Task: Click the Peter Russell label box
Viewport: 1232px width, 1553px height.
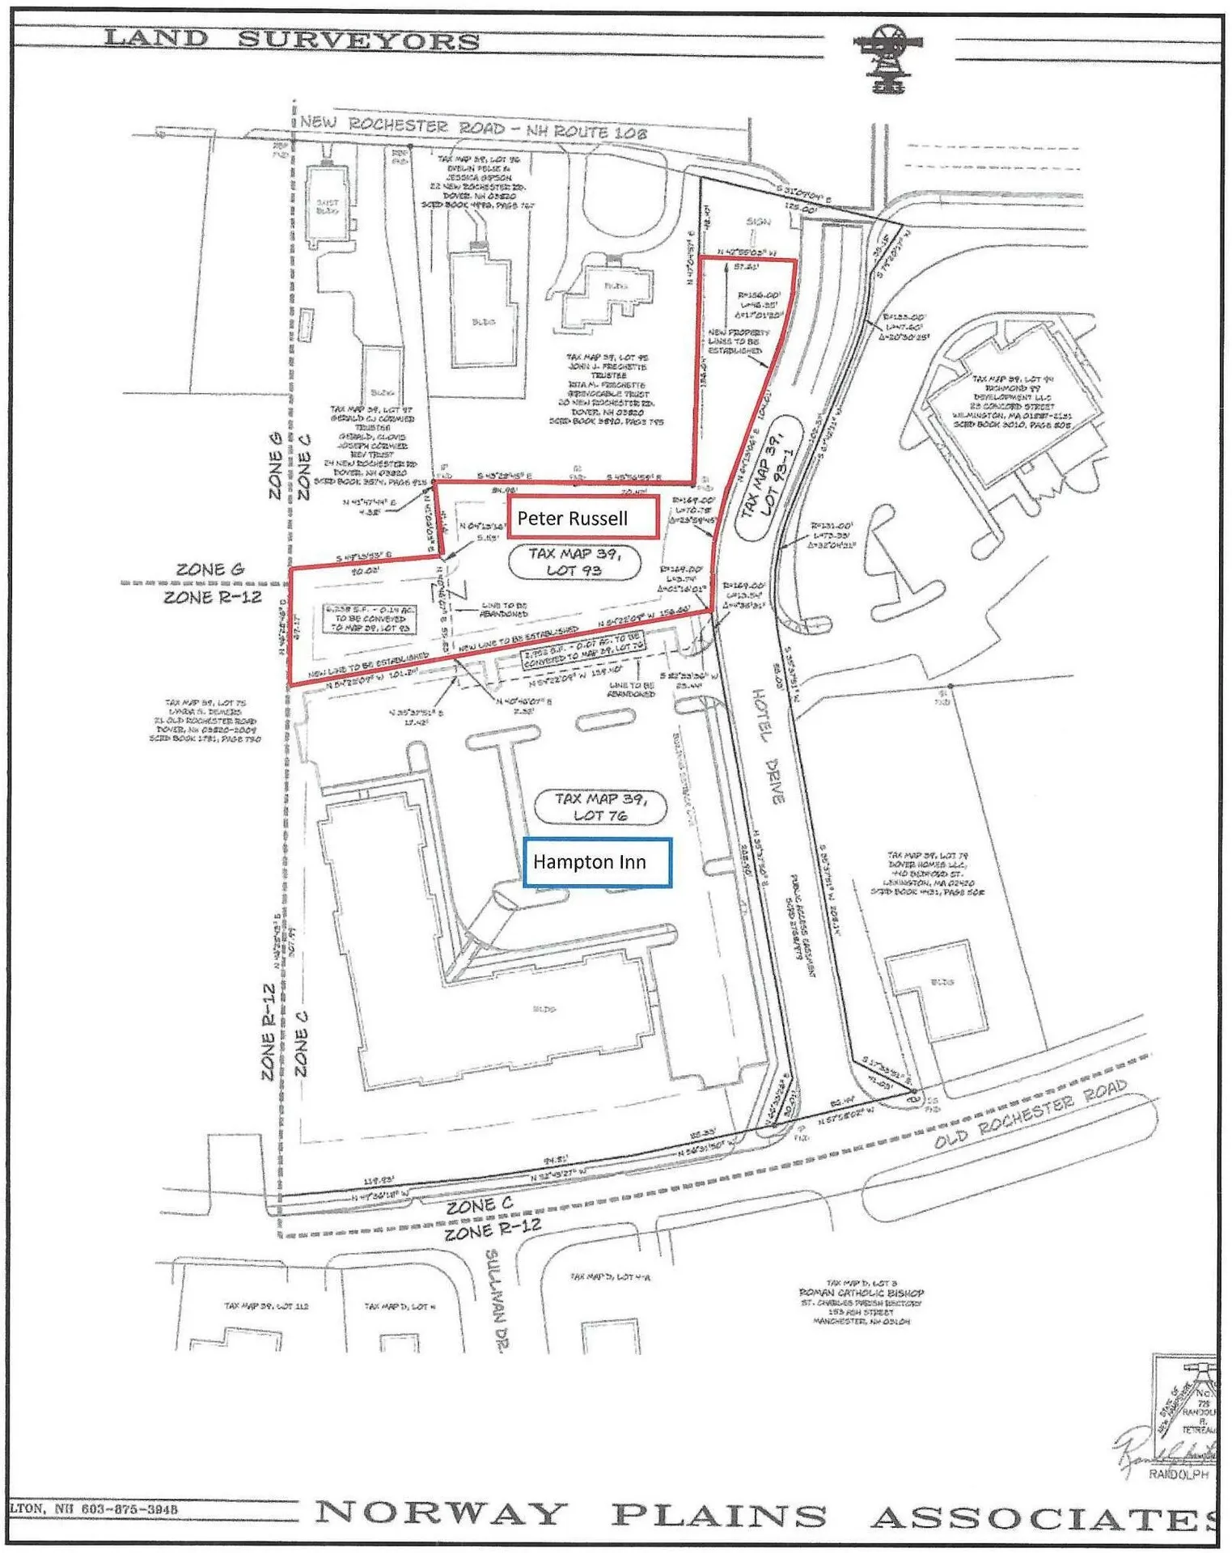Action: pos(582,518)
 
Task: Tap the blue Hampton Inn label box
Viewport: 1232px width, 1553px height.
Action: pos(597,862)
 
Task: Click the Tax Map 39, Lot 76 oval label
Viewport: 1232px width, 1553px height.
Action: pos(600,806)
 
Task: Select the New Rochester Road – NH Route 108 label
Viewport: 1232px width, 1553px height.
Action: pos(473,127)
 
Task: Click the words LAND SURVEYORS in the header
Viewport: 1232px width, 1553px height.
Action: pos(291,39)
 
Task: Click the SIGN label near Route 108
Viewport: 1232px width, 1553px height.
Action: pos(758,221)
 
